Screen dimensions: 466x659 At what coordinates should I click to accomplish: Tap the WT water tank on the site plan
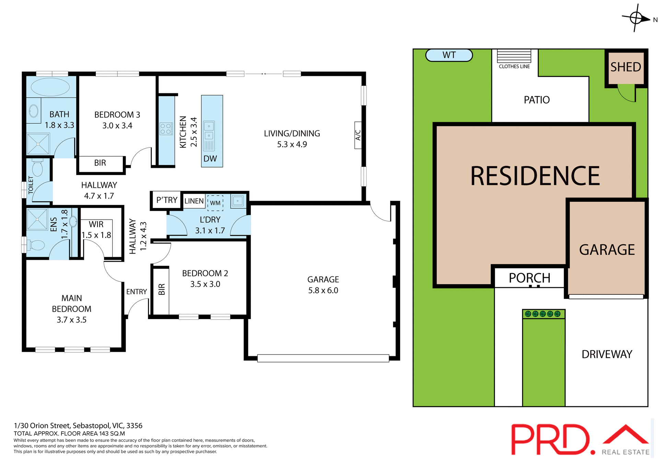tap(449, 55)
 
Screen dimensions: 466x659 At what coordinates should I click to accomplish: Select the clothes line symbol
tap(514, 56)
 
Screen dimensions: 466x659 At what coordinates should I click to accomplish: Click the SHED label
tap(625, 67)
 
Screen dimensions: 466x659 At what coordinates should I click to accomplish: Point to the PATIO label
tap(536, 100)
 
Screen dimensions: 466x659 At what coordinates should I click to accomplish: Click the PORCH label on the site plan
tap(529, 278)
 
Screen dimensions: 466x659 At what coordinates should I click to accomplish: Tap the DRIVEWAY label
tap(606, 354)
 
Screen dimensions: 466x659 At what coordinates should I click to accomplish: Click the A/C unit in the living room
tap(358, 135)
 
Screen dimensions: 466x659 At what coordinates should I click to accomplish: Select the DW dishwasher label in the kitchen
tap(210, 159)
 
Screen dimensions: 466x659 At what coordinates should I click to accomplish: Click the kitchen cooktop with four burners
tap(166, 129)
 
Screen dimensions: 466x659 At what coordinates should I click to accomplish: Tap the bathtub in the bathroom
tap(50, 87)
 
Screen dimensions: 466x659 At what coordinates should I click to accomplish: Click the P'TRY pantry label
tap(167, 200)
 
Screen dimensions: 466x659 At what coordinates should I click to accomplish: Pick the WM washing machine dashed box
tap(215, 203)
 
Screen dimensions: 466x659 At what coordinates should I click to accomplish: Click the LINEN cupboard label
tap(194, 201)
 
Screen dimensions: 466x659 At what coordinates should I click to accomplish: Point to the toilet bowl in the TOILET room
tap(37, 168)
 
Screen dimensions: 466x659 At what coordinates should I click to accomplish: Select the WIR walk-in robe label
tap(96, 224)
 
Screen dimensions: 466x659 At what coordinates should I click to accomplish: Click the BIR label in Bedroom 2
tap(162, 289)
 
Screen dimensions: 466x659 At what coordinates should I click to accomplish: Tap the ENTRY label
tap(137, 292)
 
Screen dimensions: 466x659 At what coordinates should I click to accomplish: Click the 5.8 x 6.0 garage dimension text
tap(323, 290)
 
